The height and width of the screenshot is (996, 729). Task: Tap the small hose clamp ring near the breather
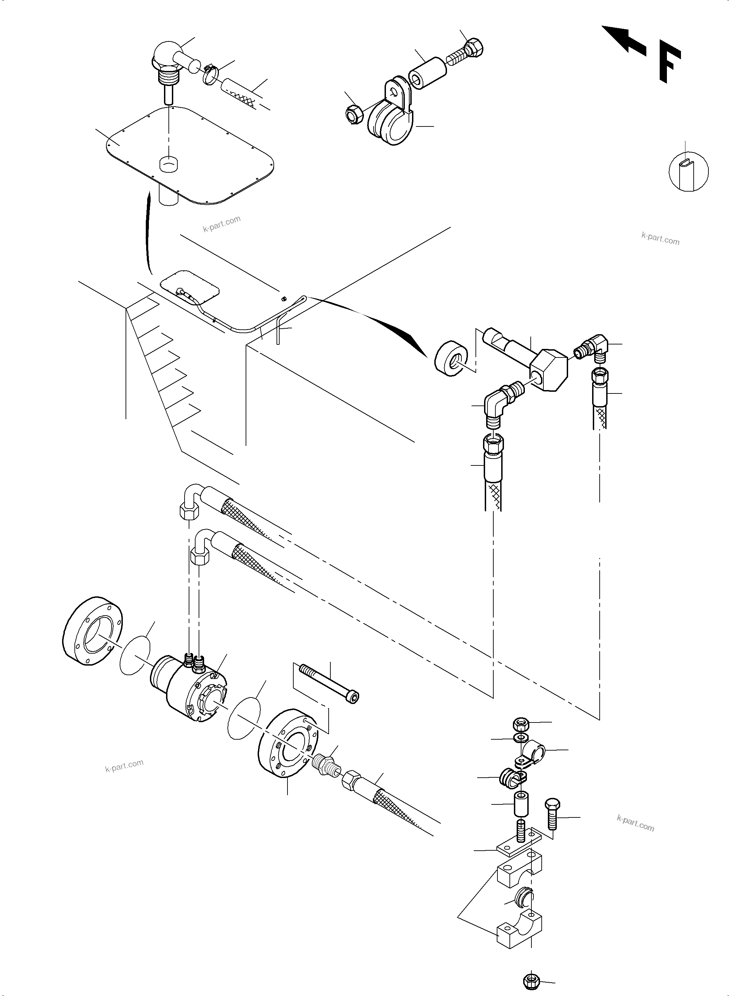(x=211, y=76)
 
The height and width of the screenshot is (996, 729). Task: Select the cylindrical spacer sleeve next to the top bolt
(x=426, y=73)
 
